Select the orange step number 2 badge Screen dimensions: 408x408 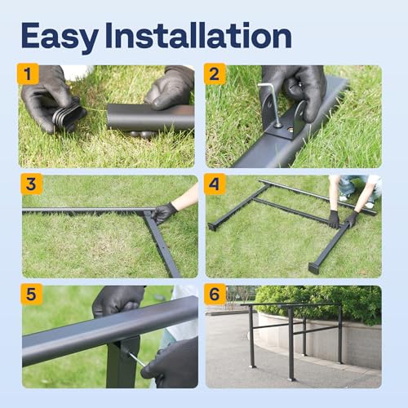pos(215,74)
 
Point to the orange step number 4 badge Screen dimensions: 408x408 pos(215,184)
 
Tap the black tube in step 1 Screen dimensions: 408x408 pos(151,118)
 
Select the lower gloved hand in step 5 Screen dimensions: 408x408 pos(171,363)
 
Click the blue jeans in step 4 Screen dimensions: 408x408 pos(359,186)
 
